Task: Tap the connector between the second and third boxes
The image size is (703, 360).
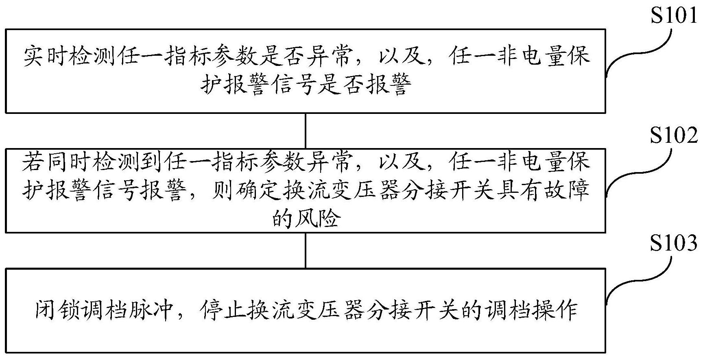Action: coord(306,250)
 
